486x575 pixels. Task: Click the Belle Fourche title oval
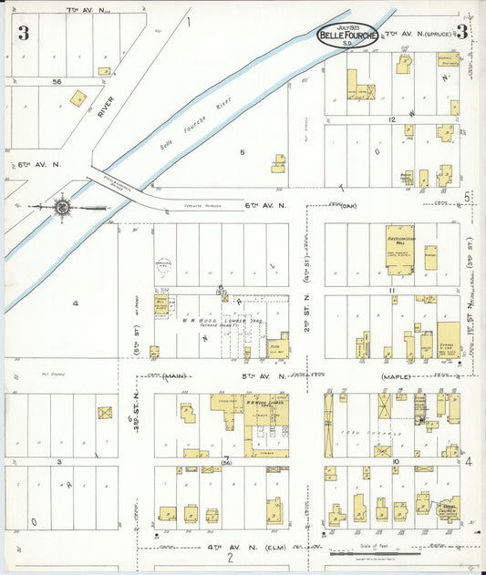(x=346, y=36)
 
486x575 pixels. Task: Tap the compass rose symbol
(x=61, y=207)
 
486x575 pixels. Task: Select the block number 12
(x=392, y=119)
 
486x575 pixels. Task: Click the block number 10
(x=395, y=462)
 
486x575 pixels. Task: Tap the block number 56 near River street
(x=57, y=81)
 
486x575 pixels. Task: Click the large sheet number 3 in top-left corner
(x=23, y=34)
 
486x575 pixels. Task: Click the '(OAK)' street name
(x=346, y=205)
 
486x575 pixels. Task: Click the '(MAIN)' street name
(x=168, y=375)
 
